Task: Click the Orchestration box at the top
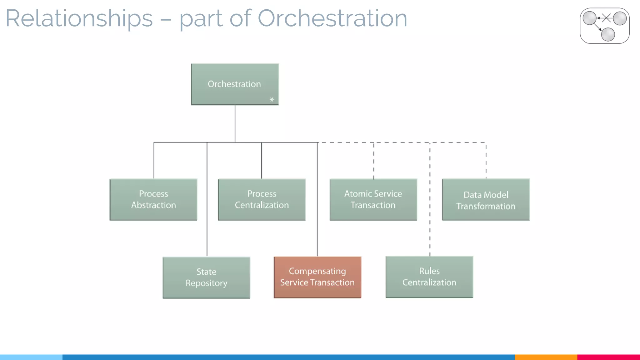pos(235,84)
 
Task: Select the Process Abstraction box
pos(153,199)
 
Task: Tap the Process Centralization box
pos(262,199)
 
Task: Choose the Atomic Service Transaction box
pos(373,199)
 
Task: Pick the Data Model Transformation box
pos(486,200)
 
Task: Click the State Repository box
pos(206,277)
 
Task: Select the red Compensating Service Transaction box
pos(317,277)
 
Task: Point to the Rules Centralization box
pos(429,277)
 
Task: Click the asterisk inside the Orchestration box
pos(272,100)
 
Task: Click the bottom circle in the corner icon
pos(608,34)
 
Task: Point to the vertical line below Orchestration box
pos(235,123)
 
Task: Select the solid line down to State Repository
pos(207,219)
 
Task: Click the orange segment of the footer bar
pos(546,357)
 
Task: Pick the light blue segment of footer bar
pos(31,357)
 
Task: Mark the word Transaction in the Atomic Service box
pos(373,205)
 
